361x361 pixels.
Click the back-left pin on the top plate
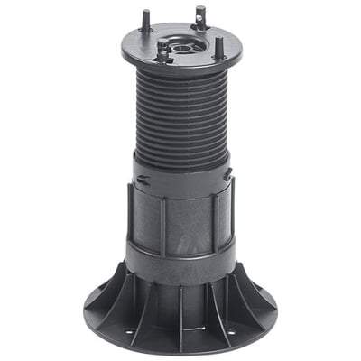144,20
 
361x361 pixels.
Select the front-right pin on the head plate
218,47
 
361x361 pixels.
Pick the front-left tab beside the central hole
162,53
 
